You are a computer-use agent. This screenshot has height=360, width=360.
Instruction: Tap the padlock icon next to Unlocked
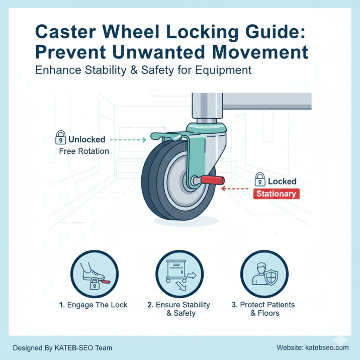click(x=61, y=138)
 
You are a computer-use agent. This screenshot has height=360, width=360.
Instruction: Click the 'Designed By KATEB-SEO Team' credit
click(x=62, y=347)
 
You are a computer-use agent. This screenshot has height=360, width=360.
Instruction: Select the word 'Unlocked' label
click(x=86, y=139)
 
